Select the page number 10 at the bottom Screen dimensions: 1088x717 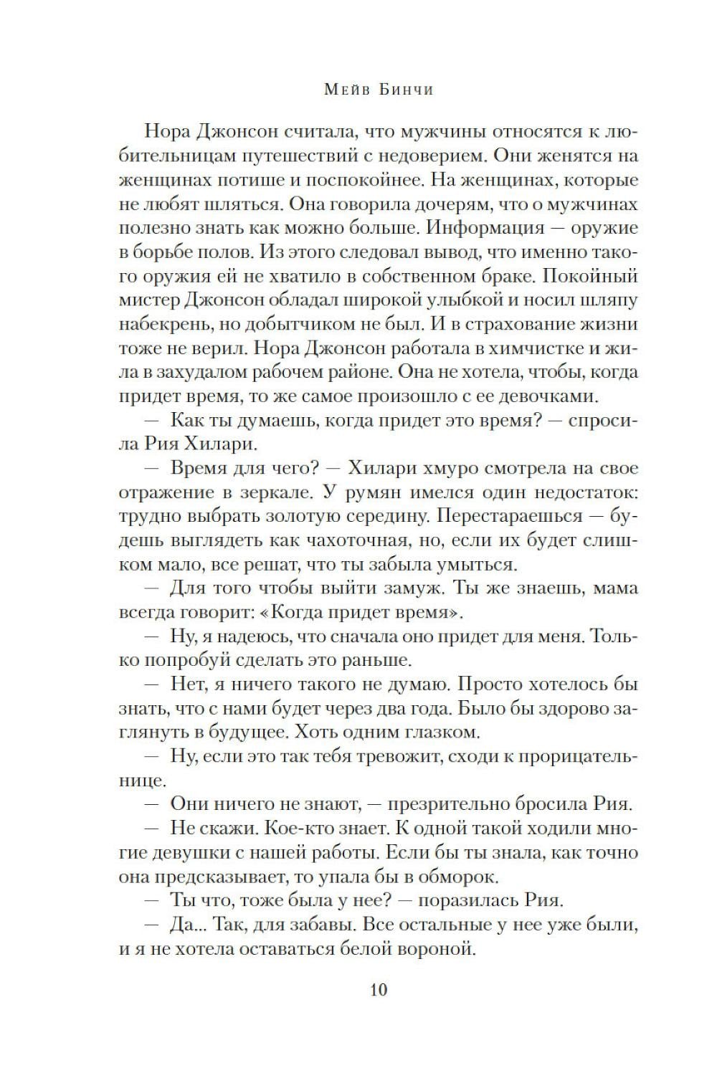pos(379,990)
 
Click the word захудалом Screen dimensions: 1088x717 pos(218,372)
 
